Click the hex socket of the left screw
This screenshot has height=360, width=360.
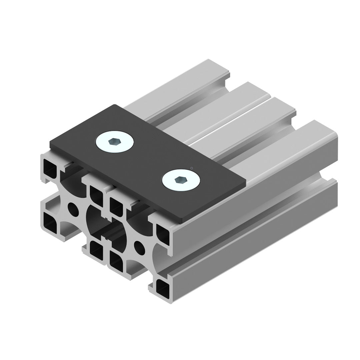(x=114, y=142)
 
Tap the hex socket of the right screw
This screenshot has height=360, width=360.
(x=181, y=180)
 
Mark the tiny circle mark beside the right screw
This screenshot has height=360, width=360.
(x=191, y=168)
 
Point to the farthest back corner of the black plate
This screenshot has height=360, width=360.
(x=116, y=105)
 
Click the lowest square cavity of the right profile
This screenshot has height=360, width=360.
(x=162, y=286)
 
